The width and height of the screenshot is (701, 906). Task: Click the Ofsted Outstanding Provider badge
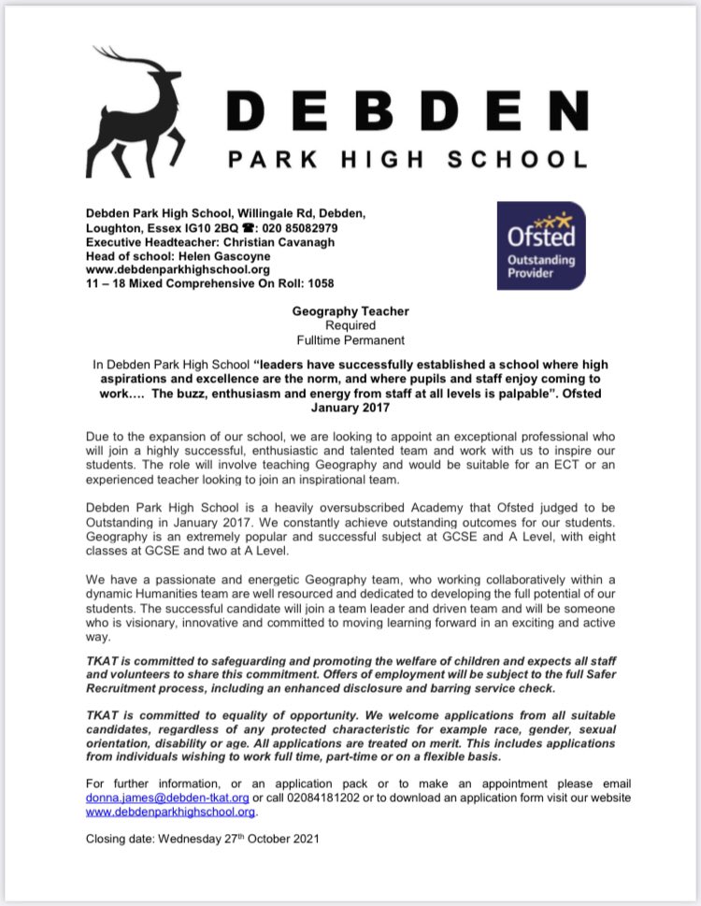pos(540,245)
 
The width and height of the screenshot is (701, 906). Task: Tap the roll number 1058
pos(317,283)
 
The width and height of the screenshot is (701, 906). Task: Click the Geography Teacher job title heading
pos(349,311)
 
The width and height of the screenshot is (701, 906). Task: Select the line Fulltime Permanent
pos(349,339)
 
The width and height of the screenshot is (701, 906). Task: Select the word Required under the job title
pos(349,325)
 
